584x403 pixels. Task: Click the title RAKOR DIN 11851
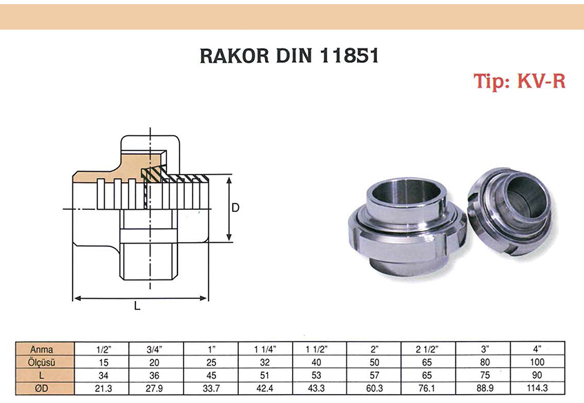click(x=289, y=56)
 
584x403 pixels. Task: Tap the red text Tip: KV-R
click(x=519, y=81)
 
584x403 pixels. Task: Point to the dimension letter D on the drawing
click(x=235, y=208)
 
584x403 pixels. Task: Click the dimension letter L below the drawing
click(x=137, y=306)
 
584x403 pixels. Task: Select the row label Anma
click(x=41, y=349)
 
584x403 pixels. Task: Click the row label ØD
click(x=41, y=388)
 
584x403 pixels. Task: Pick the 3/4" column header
click(x=155, y=349)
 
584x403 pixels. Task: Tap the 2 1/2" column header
click(x=427, y=349)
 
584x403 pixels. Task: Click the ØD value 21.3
click(x=103, y=389)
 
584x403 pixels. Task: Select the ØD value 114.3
click(x=537, y=388)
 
